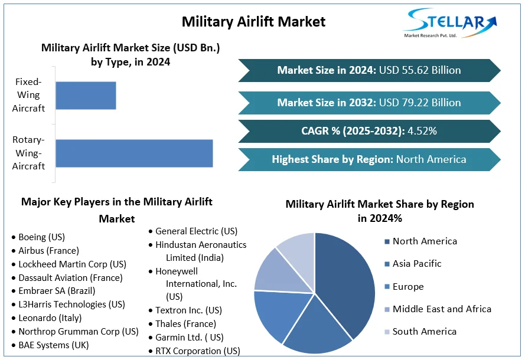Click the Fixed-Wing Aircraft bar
tap(86, 96)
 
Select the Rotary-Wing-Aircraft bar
tap(134, 153)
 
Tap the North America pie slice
tap(348, 277)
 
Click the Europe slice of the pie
tap(276, 313)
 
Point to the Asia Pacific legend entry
tap(417, 264)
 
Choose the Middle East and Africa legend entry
tap(442, 309)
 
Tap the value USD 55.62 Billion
tap(420, 70)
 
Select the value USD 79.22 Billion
tap(420, 103)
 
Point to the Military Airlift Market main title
tap(253, 22)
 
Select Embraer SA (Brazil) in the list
tap(57, 291)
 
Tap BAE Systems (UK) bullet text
tap(54, 345)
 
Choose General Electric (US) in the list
tap(196, 231)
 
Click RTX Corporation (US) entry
tap(198, 351)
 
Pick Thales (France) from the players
tap(185, 324)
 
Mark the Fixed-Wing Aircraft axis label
tap(28, 95)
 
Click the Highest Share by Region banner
tap(369, 159)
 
